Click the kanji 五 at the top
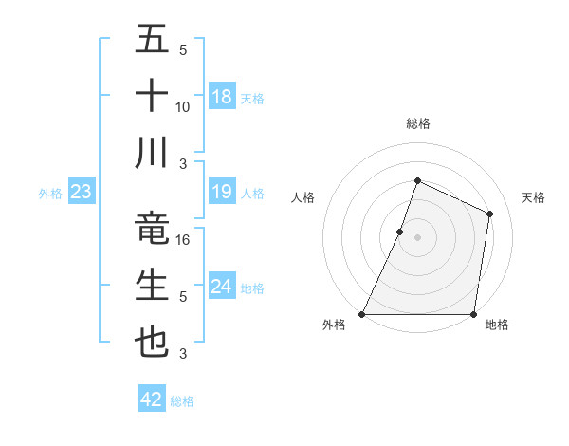pyautogui.click(x=152, y=41)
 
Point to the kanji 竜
pyautogui.click(x=152, y=229)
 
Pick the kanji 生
pyautogui.click(x=152, y=285)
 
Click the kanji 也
pyautogui.click(x=152, y=342)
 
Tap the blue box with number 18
pyautogui.click(x=222, y=96)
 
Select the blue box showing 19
pyautogui.click(x=222, y=193)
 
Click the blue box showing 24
pyautogui.click(x=222, y=287)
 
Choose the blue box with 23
pyautogui.click(x=82, y=193)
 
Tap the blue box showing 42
pyautogui.click(x=152, y=400)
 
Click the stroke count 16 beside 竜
pyautogui.click(x=184, y=240)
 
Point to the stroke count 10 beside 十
pyautogui.click(x=183, y=106)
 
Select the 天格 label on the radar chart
pyautogui.click(x=534, y=197)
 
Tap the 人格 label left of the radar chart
pyautogui.click(x=303, y=197)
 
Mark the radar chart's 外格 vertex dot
pyautogui.click(x=362, y=314)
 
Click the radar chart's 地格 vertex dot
pyautogui.click(x=473, y=314)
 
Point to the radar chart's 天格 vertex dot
pyautogui.click(x=490, y=214)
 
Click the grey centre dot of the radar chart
pyautogui.click(x=417, y=237)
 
